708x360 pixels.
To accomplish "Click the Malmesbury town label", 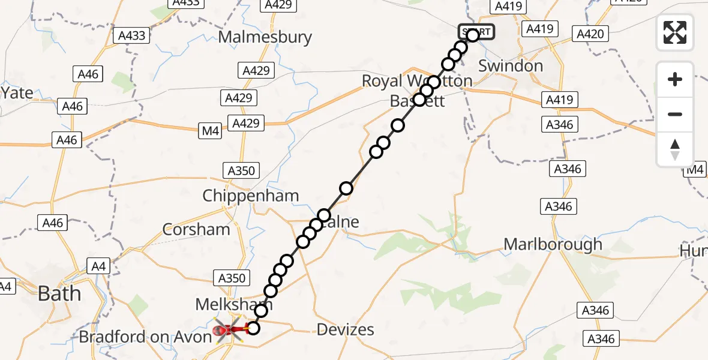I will point(265,37).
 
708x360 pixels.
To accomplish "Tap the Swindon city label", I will point(511,65).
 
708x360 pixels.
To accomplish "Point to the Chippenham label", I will point(242,196).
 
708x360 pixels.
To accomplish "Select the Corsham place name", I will point(196,229).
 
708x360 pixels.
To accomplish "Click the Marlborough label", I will point(553,244).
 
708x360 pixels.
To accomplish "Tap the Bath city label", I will point(59,293).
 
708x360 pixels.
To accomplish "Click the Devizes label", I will point(345,329).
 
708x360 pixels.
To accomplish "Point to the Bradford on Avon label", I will point(145,337).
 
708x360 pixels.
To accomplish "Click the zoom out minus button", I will point(675,114).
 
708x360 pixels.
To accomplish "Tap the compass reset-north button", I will point(675,149).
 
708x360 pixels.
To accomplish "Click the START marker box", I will point(476,31).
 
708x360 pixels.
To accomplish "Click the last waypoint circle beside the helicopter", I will point(253,328).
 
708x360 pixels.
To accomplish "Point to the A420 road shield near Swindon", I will point(589,34).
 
